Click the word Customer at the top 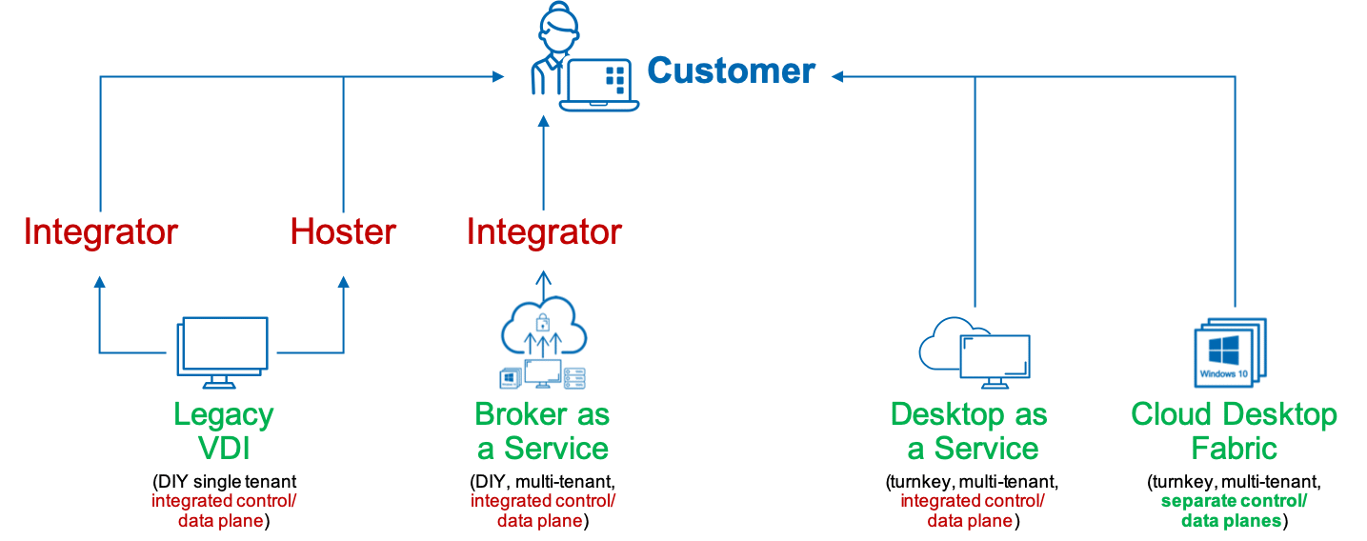[x=731, y=71]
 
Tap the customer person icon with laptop [x=581, y=59]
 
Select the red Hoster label [x=343, y=231]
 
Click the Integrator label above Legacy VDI [x=101, y=231]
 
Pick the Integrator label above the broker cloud [x=544, y=231]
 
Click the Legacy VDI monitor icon [x=221, y=353]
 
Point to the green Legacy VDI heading [x=224, y=431]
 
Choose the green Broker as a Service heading [x=542, y=431]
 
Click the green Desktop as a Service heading [x=969, y=431]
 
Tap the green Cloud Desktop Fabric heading [x=1234, y=431]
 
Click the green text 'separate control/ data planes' [x=1234, y=511]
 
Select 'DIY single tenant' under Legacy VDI [x=224, y=481]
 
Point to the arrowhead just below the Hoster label [x=343, y=281]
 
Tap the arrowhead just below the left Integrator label [x=100, y=281]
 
